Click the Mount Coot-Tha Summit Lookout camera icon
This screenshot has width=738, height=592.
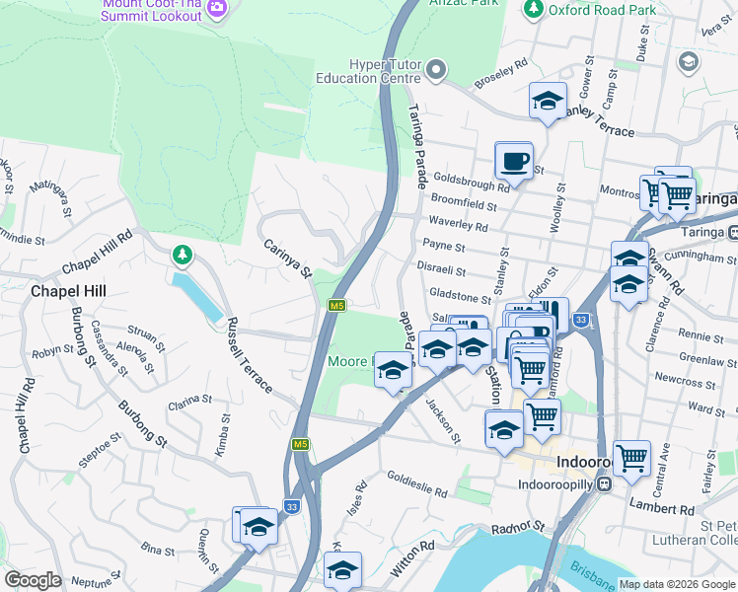click(x=218, y=9)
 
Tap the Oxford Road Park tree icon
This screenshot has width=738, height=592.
click(x=534, y=9)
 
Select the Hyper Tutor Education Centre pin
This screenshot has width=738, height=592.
click(x=437, y=70)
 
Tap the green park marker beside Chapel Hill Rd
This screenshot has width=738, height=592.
click(x=182, y=256)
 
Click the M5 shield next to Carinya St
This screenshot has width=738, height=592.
click(x=337, y=306)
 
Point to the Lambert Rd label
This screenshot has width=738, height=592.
click(x=667, y=509)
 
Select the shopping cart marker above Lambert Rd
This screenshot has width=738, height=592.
click(x=630, y=458)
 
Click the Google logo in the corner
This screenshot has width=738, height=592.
click(x=33, y=579)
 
